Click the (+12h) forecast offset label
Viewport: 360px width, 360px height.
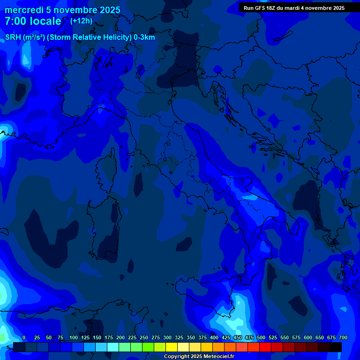pyautogui.click(x=81, y=21)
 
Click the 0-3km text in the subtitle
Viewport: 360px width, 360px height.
pyautogui.click(x=144, y=37)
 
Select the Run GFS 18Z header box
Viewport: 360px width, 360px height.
pyautogui.click(x=294, y=7)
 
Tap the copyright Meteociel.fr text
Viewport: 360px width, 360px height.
pyautogui.click(x=199, y=357)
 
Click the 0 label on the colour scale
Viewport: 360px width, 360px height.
pyautogui.click(x=24, y=337)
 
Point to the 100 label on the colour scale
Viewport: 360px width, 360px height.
pyautogui.click(x=74, y=337)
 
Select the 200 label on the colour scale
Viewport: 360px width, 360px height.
pyautogui.click(x=120, y=337)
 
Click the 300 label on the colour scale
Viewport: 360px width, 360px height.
pyautogui.click(x=167, y=337)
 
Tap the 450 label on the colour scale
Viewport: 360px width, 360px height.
pyautogui.click(x=238, y=337)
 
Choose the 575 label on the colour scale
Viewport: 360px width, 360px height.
pyautogui.click(x=296, y=337)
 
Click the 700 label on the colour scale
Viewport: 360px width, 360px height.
pyautogui.click(x=343, y=337)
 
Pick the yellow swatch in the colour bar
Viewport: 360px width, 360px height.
pyautogui.click(x=172, y=347)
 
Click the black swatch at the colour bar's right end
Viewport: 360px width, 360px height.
pyautogui.click(x=336, y=347)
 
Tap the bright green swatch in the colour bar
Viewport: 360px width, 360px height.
pyautogui.click(x=148, y=347)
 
